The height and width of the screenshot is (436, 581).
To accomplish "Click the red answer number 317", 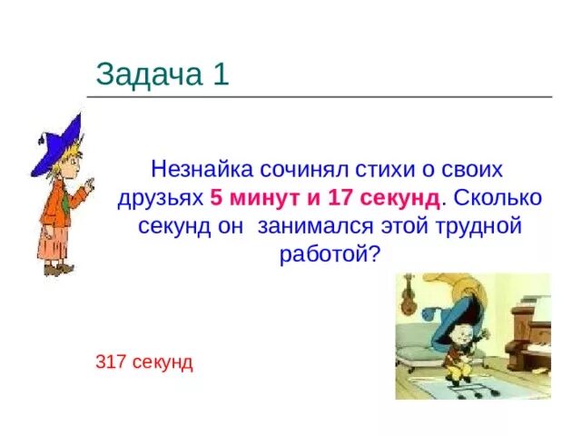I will (x=110, y=362).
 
